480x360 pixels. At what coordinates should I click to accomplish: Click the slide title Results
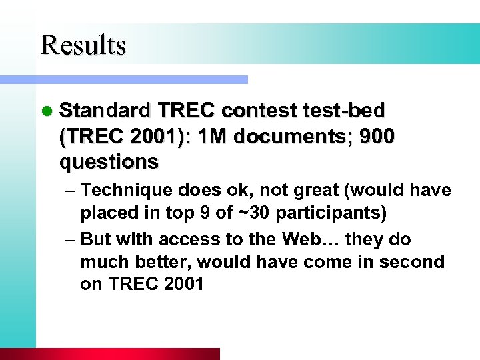(83, 45)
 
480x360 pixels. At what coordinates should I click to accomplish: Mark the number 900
(377, 136)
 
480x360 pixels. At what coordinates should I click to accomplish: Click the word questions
(109, 162)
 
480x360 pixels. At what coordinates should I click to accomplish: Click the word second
(411, 262)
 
